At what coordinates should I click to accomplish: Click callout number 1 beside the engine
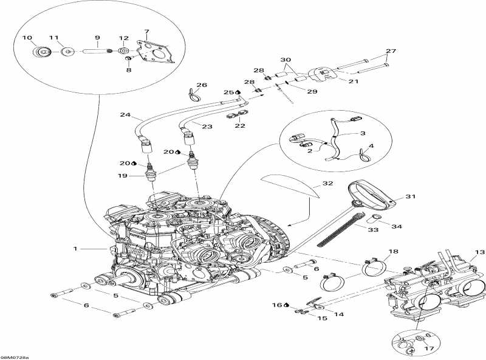(76, 248)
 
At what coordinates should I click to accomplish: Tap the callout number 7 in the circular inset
(146, 31)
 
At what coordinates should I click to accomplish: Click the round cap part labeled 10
(44, 52)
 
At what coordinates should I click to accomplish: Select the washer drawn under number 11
(67, 52)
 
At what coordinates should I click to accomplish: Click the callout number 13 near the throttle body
(479, 252)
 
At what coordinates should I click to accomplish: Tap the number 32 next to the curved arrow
(327, 183)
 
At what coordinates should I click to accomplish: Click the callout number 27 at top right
(390, 51)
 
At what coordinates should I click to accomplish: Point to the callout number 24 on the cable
(125, 114)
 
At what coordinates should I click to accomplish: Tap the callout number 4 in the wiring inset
(372, 146)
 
